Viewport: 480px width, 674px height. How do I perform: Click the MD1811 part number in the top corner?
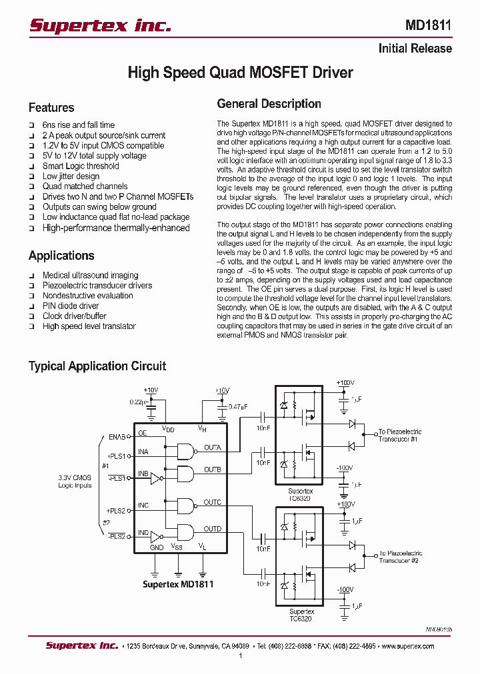(x=428, y=25)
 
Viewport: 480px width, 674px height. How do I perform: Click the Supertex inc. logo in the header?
(x=100, y=25)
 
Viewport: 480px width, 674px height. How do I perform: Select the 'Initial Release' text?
(x=415, y=49)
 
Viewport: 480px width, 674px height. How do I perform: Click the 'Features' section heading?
(x=51, y=108)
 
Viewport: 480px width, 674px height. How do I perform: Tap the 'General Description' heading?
(x=269, y=104)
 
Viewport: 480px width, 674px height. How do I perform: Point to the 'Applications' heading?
(x=61, y=256)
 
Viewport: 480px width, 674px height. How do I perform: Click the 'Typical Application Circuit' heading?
(x=97, y=366)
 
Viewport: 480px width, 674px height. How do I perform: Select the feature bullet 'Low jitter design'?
(x=71, y=176)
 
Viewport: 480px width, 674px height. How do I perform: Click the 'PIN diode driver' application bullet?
(x=71, y=306)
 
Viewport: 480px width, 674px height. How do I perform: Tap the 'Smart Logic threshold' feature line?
(x=81, y=166)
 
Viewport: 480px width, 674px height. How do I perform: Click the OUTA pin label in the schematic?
(x=213, y=448)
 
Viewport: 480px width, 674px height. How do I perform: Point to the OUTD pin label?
(x=213, y=529)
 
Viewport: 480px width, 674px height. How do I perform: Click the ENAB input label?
(x=117, y=438)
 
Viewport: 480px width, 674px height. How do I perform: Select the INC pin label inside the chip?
(x=143, y=506)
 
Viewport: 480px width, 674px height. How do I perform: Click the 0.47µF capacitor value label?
(x=238, y=407)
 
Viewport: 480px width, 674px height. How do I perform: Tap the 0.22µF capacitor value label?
(x=138, y=402)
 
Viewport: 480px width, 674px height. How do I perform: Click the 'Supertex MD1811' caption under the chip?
(x=178, y=584)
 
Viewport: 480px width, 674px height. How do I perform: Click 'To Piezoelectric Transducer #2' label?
(x=400, y=557)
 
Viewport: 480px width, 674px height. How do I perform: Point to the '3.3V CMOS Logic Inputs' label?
(x=74, y=481)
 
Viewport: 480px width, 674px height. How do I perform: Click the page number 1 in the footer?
(x=240, y=656)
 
